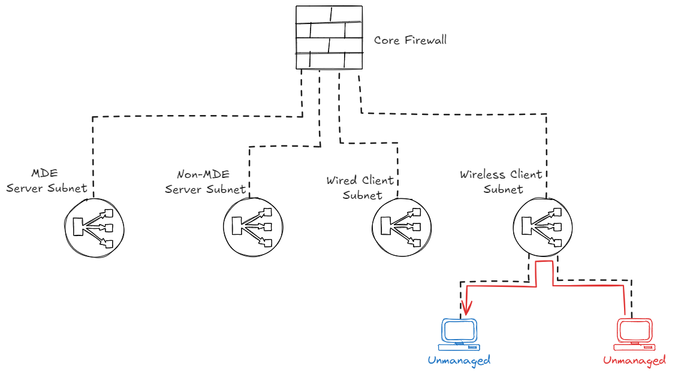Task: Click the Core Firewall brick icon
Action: [x=329, y=37]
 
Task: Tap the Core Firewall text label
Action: [x=410, y=41]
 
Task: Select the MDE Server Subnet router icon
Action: [x=94, y=227]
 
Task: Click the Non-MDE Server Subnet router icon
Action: [x=253, y=227]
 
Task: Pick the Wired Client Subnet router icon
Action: [x=402, y=227]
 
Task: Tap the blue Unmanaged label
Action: [x=459, y=360]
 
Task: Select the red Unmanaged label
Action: [x=634, y=361]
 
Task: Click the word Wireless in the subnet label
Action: [x=482, y=175]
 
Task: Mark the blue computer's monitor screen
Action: [x=459, y=329]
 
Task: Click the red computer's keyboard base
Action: [x=634, y=347]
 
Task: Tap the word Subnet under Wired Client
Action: [x=362, y=195]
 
